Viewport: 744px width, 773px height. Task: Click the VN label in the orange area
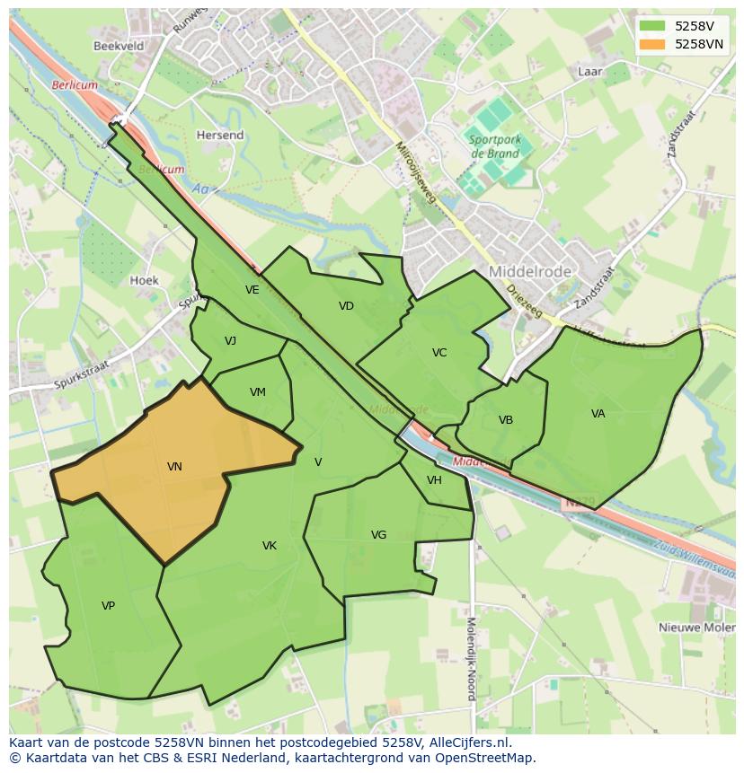pos(174,466)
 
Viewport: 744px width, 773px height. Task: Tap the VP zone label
pos(108,606)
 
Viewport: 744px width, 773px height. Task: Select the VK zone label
pos(269,546)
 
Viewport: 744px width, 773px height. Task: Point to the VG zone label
pos(378,535)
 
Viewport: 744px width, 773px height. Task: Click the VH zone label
pos(434,480)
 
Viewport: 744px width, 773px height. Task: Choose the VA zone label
pos(598,414)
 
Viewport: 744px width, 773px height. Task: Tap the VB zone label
pos(506,420)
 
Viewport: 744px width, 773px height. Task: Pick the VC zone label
pos(438,353)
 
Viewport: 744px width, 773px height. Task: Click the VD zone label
pos(346,306)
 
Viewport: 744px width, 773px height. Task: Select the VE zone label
pos(252,290)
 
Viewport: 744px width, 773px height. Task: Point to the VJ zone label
pos(230,341)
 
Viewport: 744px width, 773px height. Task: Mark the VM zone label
pos(258,392)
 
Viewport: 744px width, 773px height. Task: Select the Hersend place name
pos(220,136)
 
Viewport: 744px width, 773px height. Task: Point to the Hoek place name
pos(144,280)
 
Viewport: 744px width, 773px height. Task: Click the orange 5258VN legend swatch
pos(652,44)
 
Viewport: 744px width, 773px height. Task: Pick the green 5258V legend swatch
pos(652,26)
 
